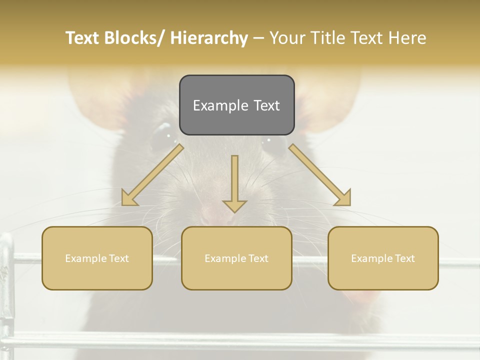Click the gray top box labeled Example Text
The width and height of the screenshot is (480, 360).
236,105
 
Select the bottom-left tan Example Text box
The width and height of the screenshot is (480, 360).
97,258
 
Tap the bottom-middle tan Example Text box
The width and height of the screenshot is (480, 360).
236,258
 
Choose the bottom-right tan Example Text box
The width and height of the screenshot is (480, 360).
383,258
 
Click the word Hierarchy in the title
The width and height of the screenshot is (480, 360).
209,38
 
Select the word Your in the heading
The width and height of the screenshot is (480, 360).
287,38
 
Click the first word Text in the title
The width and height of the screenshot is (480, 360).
82,38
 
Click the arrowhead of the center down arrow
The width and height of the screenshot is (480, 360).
234,205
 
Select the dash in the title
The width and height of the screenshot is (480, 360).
258,38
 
